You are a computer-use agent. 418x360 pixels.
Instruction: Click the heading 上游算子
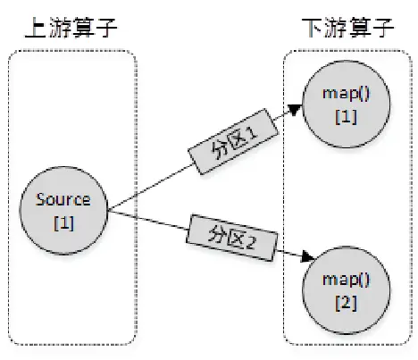[x=71, y=29]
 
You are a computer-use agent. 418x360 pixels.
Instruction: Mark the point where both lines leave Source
[x=107, y=211]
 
